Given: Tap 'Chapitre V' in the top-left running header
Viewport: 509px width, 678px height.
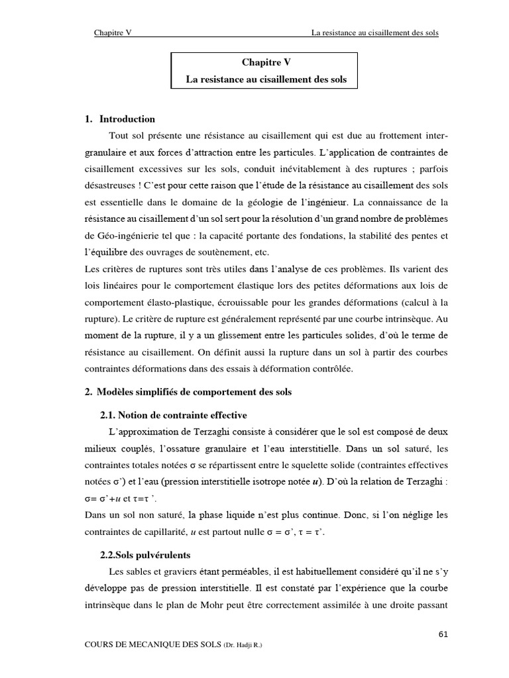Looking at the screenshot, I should tap(113, 32).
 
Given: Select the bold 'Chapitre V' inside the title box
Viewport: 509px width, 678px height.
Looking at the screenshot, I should tap(265, 62).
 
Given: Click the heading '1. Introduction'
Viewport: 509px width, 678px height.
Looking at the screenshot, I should tap(120, 119).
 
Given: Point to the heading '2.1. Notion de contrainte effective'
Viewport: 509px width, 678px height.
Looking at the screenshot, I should tap(173, 415).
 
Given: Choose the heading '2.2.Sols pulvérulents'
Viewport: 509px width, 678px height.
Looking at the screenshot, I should tap(144, 554).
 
